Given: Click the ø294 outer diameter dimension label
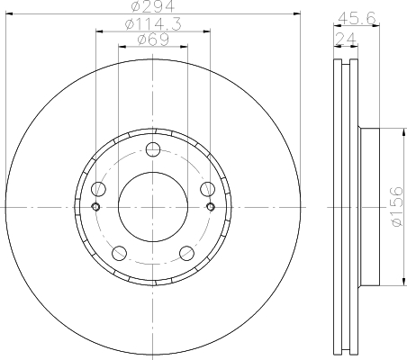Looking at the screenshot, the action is pos(153,6).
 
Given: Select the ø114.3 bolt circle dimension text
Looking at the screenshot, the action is pos(153,24).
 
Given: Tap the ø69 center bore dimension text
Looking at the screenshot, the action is pos(153,40).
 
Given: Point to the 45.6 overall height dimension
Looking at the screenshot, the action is pos(357,19).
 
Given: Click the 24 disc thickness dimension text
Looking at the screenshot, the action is pos(346,39).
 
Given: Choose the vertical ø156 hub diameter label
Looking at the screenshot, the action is pos(397,206).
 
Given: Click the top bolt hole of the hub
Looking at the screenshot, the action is pos(153,149).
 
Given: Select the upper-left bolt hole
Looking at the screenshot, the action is pos(98,189).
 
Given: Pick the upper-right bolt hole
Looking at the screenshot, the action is pos(208,189).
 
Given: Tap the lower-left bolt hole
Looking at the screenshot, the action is pos(119,253).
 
